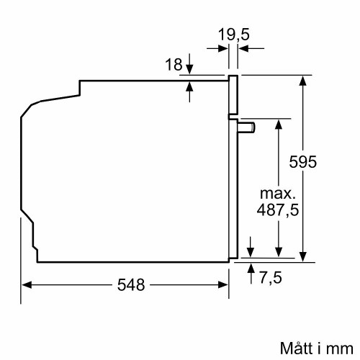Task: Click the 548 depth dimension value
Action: click(131, 284)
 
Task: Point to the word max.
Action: click(277, 194)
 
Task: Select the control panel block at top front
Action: click(233, 95)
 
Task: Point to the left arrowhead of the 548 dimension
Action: click(25, 284)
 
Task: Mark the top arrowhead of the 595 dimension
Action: click(303, 78)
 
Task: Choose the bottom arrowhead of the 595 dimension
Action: click(303, 253)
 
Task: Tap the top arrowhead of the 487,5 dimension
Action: click(278, 122)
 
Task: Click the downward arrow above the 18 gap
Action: click(189, 70)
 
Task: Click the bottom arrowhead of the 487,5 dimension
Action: click(278, 253)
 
